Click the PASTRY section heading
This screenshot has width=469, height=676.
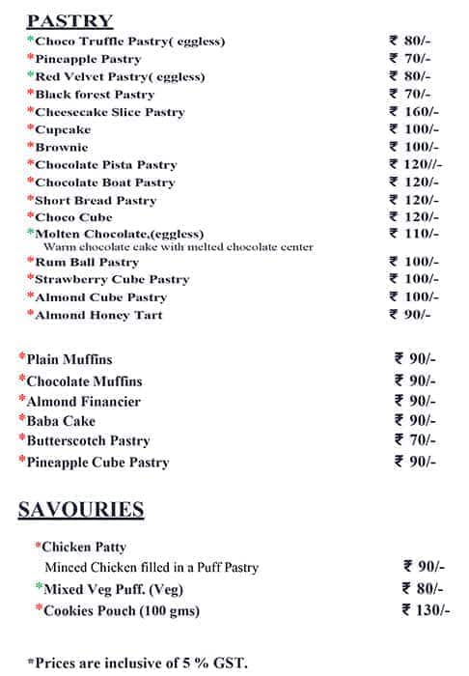tap(69, 20)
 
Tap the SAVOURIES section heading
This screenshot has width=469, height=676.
tap(81, 511)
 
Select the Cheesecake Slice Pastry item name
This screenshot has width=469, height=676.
tap(109, 112)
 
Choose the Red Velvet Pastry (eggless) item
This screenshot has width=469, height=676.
tap(120, 76)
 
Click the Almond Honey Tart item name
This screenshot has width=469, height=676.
tap(98, 315)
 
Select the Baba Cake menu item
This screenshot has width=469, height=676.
tap(61, 421)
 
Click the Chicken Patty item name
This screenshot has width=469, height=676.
tap(79, 547)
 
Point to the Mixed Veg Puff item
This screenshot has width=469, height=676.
tap(113, 589)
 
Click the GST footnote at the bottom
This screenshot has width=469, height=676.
tap(138, 662)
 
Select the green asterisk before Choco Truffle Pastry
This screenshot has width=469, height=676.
tap(31, 40)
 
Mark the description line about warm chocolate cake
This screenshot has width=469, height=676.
tap(178, 247)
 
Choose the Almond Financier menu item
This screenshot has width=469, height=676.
tap(83, 402)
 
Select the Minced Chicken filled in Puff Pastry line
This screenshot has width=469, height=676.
tap(152, 568)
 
